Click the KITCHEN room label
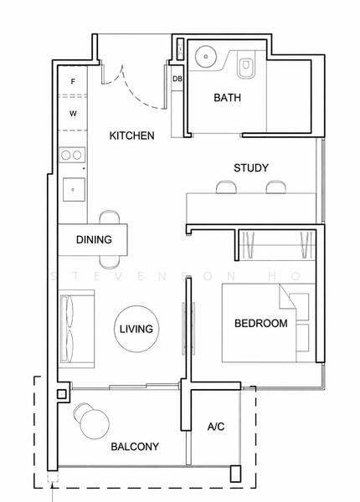pyautogui.click(x=131, y=136)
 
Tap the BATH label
pyautogui.click(x=228, y=97)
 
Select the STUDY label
pyautogui.click(x=251, y=168)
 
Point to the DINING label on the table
pyautogui.click(x=94, y=239)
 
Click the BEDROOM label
pyautogui.click(x=261, y=323)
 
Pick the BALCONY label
pyautogui.click(x=135, y=446)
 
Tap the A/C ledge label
pyautogui.click(x=216, y=427)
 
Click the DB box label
pyautogui.click(x=177, y=79)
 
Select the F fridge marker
pyautogui.click(x=73, y=82)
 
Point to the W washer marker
pyautogui.click(x=74, y=114)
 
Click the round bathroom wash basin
pyautogui.click(x=206, y=57)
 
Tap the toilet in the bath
pyautogui.click(x=247, y=64)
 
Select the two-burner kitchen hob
pyautogui.click(x=72, y=156)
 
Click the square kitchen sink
pyautogui.click(x=74, y=190)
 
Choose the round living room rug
pyautogui.click(x=136, y=328)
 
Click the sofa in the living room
pyautogui.click(x=76, y=329)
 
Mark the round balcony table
pyautogui.click(x=95, y=425)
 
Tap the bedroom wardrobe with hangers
pyautogui.click(x=275, y=245)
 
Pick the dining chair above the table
pyautogui.click(x=110, y=218)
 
